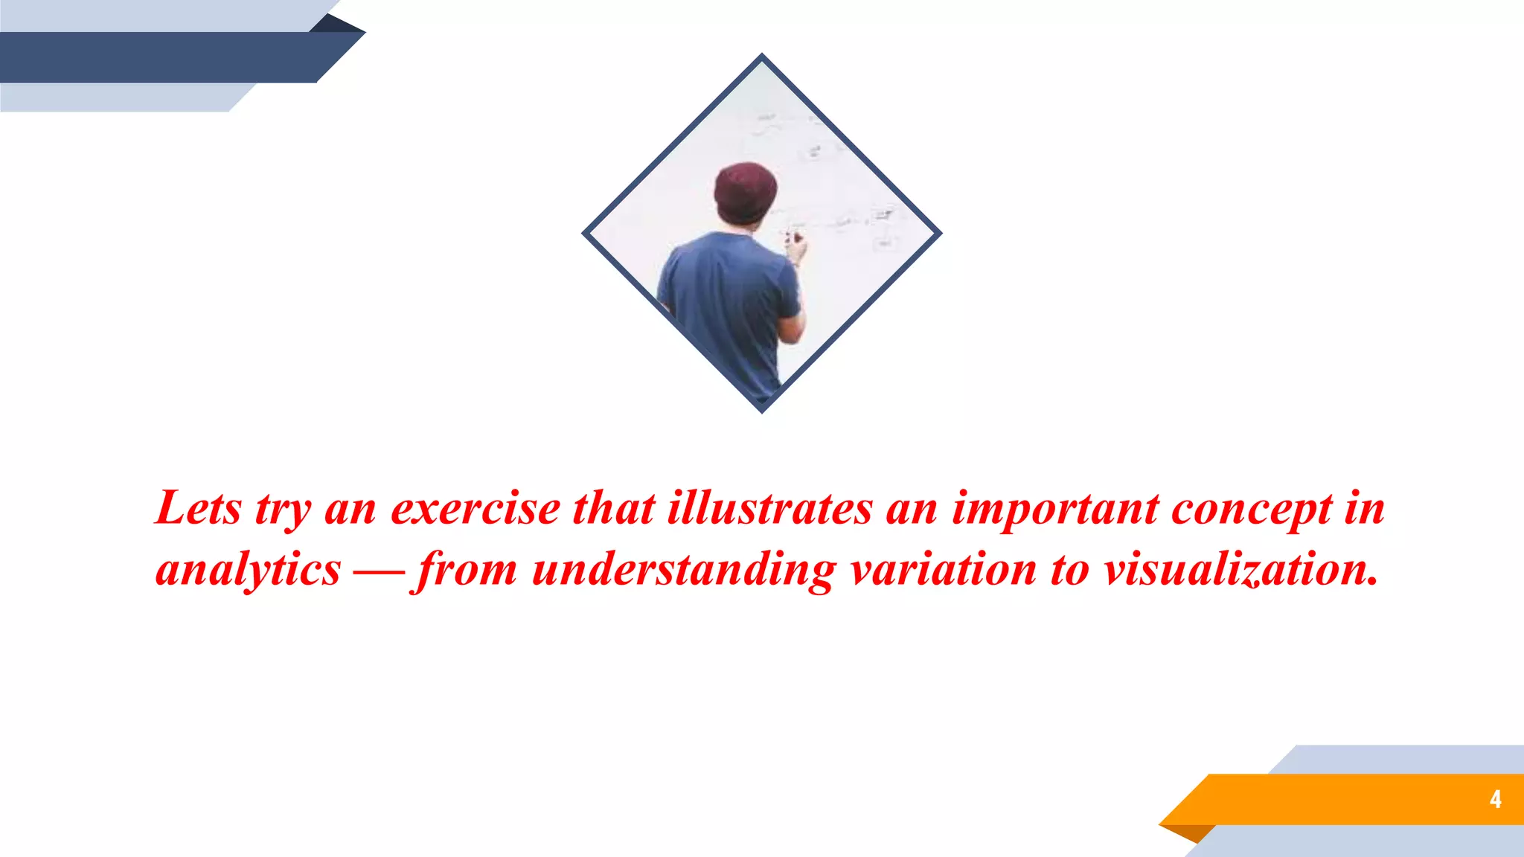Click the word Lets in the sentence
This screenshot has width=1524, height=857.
click(199, 509)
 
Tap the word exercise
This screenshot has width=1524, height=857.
click(476, 509)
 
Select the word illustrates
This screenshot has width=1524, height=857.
click(769, 509)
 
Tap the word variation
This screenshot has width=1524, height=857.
click(944, 570)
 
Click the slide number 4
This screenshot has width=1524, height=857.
click(1495, 799)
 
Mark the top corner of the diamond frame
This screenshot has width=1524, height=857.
click(761, 57)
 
